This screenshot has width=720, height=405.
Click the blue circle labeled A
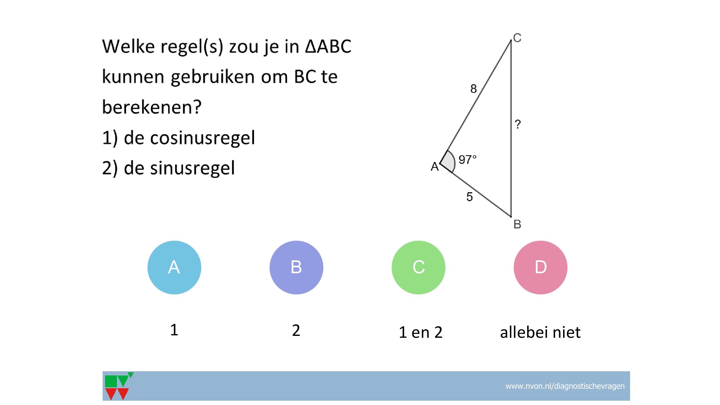174,268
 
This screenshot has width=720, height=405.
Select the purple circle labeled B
296,268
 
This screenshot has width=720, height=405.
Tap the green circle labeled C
418,268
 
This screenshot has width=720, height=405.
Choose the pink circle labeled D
541,268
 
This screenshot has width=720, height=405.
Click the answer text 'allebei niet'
540,332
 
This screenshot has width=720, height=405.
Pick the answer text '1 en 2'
421,332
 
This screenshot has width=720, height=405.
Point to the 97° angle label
467,160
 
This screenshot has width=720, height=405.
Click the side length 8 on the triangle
473,89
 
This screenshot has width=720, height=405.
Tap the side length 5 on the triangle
470,197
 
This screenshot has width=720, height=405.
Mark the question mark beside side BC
518,124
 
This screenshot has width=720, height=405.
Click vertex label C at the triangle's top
517,38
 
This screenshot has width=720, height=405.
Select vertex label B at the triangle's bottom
517,224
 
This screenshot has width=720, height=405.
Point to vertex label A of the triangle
435,167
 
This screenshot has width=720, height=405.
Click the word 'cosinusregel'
203,138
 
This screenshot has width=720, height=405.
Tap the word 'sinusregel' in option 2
193,168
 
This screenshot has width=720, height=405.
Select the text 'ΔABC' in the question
328,46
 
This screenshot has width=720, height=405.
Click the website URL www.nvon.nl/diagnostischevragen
565,386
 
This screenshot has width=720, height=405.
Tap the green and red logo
119,386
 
